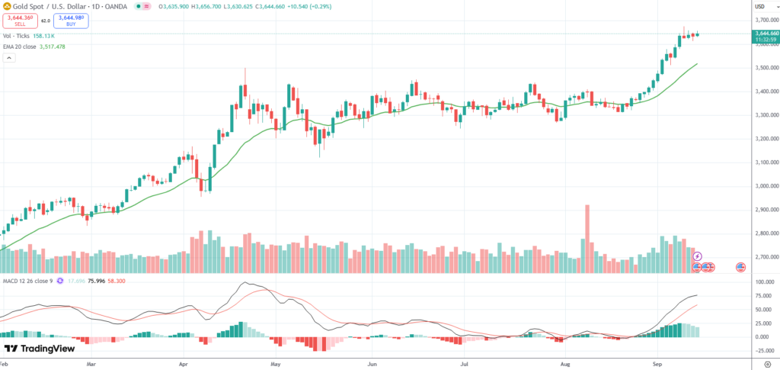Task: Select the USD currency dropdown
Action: tap(759, 6)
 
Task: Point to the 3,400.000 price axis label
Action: tap(764, 92)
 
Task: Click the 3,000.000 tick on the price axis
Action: tap(764, 186)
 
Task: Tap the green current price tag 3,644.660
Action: tap(764, 34)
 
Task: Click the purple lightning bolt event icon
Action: tap(697, 256)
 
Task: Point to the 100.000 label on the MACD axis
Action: tap(762, 282)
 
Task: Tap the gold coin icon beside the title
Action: tap(5, 6)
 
